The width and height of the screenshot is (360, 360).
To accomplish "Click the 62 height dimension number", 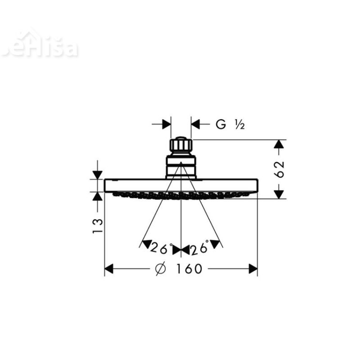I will pos(279,169).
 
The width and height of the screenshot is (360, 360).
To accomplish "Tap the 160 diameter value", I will pos(189,269).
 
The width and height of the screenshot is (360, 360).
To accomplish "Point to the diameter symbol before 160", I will pos(161,269).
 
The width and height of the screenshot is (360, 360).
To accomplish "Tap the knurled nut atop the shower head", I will pos(181,145).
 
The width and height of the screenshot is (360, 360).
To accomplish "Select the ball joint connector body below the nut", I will pos(181,165).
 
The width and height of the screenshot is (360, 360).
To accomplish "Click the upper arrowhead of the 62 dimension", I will pos(279,144).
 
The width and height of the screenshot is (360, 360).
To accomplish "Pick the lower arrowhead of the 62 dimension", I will pos(279,194).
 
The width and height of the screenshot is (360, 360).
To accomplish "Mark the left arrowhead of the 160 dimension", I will pos(108,269).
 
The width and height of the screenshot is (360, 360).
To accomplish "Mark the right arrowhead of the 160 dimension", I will pos(253,269).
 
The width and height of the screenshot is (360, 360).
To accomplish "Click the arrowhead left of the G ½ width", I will pos(166,124).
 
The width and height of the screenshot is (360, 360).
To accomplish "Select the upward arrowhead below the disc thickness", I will pos(97,196).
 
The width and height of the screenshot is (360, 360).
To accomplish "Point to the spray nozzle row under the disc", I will pos(181,195).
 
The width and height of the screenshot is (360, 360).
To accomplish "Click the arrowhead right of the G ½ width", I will pos(196,124).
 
